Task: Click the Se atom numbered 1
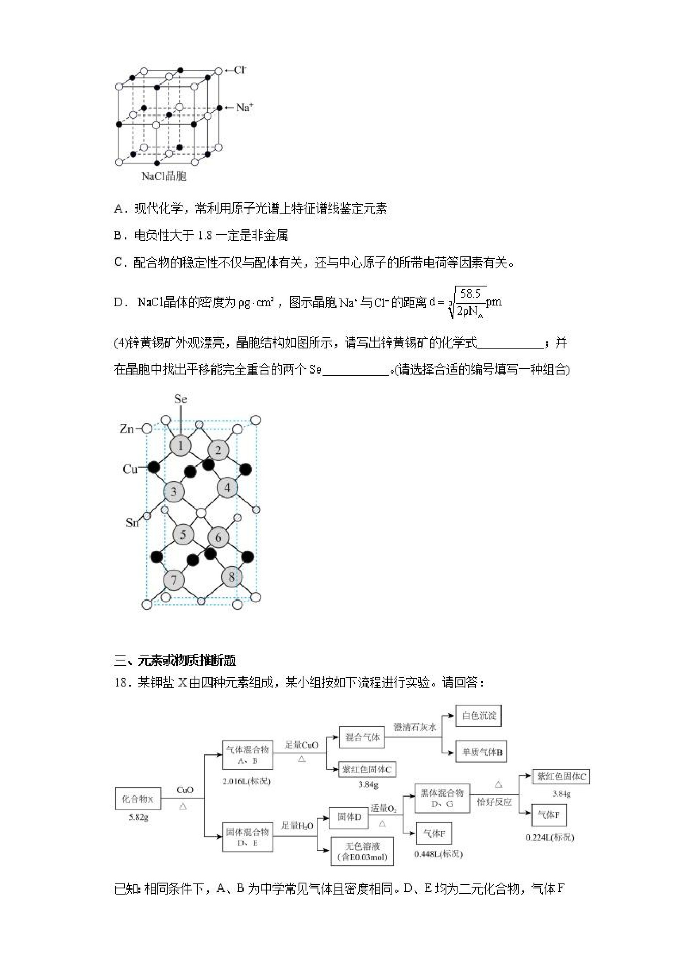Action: click(180, 445)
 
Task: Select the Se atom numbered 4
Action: click(227, 488)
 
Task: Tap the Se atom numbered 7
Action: click(174, 580)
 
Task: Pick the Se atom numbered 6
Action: click(218, 537)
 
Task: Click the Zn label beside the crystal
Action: click(127, 429)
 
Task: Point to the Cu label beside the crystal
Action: click(130, 469)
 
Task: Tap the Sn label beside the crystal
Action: click(132, 523)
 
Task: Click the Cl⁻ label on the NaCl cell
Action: click(240, 70)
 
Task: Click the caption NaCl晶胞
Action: click(164, 176)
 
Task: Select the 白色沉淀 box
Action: click(479, 716)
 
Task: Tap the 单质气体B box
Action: click(481, 752)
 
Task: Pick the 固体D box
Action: click(349, 817)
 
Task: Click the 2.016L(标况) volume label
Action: click(247, 781)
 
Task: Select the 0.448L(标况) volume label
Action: click(438, 854)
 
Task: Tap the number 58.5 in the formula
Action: click(470, 294)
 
